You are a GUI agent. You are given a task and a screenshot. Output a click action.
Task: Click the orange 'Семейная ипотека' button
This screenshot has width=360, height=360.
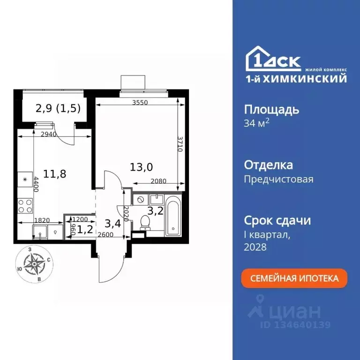[295, 278]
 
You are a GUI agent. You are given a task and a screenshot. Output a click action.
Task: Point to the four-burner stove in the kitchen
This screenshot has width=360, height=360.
[25, 205]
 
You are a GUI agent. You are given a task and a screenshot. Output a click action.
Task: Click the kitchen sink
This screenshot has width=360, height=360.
[39, 232]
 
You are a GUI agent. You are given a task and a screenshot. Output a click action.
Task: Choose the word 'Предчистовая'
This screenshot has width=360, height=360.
[279, 179]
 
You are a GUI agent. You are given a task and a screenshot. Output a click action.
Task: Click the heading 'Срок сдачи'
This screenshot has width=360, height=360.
[277, 220]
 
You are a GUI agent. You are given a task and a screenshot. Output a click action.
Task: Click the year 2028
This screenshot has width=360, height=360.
[255, 247]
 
